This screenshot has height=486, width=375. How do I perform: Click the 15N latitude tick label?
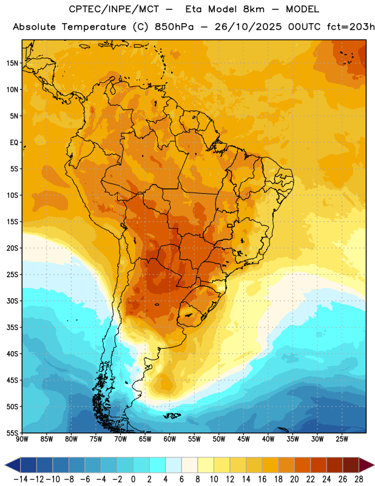pyautogui.click(x=12, y=63)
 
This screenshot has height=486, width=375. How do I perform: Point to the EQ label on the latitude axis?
pyautogui.click(x=14, y=143)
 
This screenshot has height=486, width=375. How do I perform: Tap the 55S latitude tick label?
pyautogui.click(x=12, y=433)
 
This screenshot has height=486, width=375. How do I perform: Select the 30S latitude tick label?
pyautogui.click(x=12, y=301)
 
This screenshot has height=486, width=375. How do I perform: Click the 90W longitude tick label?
pyautogui.click(x=22, y=439)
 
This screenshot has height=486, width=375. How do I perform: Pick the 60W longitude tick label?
pyautogui.click(x=170, y=439)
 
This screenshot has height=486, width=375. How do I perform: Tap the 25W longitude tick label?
pyautogui.click(x=342, y=439)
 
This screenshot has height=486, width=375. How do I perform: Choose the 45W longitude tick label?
pyautogui.click(x=243, y=439)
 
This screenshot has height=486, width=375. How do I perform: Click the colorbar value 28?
pyautogui.click(x=359, y=479)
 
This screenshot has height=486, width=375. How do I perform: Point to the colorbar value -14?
pyautogui.click(x=21, y=479)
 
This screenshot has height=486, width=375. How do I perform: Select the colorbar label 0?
pyautogui.click(x=133, y=479)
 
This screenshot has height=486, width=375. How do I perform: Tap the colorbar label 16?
pyautogui.click(x=262, y=479)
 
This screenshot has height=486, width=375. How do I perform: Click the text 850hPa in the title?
pyautogui.click(x=174, y=27)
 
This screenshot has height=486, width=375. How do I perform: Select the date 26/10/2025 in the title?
pyautogui.click(x=248, y=27)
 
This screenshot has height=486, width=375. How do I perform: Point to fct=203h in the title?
pyautogui.click(x=351, y=27)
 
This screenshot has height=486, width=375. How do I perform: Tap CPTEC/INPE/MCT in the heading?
pyautogui.click(x=114, y=9)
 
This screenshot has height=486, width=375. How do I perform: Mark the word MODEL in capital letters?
pyautogui.click(x=302, y=9)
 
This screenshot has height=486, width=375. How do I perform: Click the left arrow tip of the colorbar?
pyautogui.click(x=5, y=465)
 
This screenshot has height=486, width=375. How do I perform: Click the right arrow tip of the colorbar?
pyautogui.click(x=374, y=465)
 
